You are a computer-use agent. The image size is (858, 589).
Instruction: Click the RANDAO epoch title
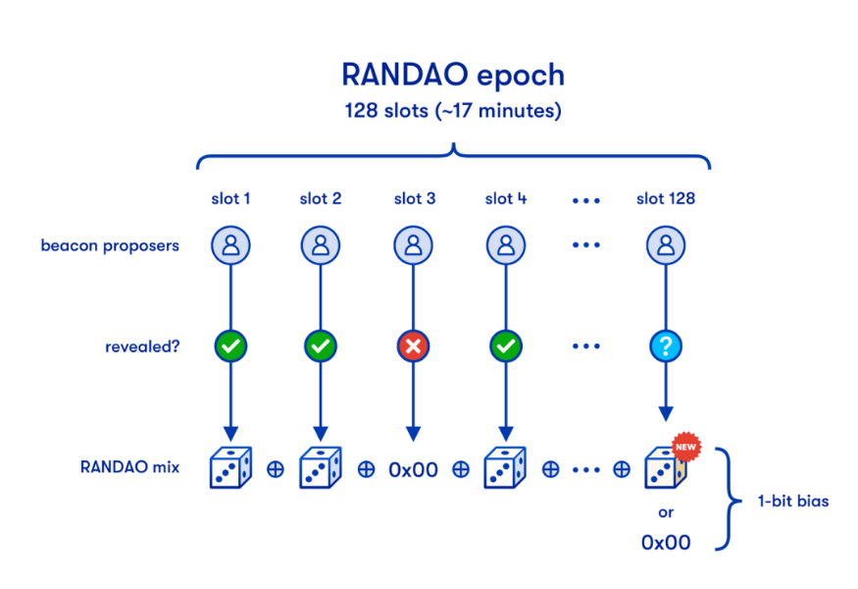[x=452, y=74]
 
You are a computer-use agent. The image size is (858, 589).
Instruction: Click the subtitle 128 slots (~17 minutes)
[x=452, y=111]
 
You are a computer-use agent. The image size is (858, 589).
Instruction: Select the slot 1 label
[x=230, y=198]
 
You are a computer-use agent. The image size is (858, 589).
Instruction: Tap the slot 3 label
[x=414, y=198]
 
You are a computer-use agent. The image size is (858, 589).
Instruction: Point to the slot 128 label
[x=666, y=198]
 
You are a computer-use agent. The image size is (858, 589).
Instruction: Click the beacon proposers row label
[x=110, y=245]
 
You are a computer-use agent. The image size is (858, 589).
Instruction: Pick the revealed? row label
[x=142, y=347]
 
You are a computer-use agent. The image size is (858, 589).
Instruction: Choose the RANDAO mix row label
[x=129, y=467]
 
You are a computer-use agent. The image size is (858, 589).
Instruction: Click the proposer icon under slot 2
[x=321, y=245]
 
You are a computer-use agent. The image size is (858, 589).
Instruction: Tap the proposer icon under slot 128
[x=666, y=245]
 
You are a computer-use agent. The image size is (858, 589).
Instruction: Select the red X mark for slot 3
[x=413, y=347]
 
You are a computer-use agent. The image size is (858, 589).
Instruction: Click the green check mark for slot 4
[x=504, y=347]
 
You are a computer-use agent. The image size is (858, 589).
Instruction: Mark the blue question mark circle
[x=666, y=347]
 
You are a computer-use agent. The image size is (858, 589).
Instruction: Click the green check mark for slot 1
[x=231, y=347]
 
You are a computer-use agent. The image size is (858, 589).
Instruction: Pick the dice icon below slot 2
[x=321, y=468]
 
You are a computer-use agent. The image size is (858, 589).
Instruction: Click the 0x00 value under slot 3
[x=413, y=469]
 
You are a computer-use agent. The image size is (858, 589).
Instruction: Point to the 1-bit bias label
[x=791, y=501]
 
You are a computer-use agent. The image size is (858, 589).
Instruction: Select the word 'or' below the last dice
[x=666, y=512]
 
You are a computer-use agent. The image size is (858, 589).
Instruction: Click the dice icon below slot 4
[x=505, y=468]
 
